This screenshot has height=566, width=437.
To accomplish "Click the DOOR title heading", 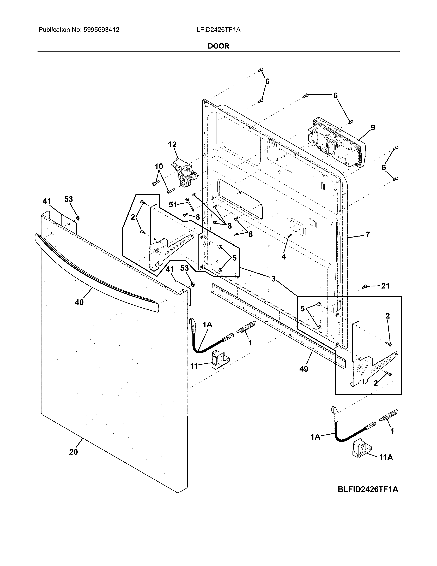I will coord(219,46).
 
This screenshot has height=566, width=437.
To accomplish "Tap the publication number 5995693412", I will coord(101,30).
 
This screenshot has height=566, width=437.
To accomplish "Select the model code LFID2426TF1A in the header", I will coord(218,30).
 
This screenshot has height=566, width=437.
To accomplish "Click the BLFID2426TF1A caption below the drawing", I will coord(368,490).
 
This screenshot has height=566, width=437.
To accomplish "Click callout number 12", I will coord(172,144).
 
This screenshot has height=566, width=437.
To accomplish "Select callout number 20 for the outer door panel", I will coord(74,452).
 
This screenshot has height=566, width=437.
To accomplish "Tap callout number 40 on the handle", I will coord(79,302).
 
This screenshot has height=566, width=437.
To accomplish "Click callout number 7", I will coord(368,235).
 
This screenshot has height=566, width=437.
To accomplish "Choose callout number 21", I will coord(385,286).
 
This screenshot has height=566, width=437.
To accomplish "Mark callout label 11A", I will coord(386,458).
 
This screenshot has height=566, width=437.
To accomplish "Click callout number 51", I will coord(173,205).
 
